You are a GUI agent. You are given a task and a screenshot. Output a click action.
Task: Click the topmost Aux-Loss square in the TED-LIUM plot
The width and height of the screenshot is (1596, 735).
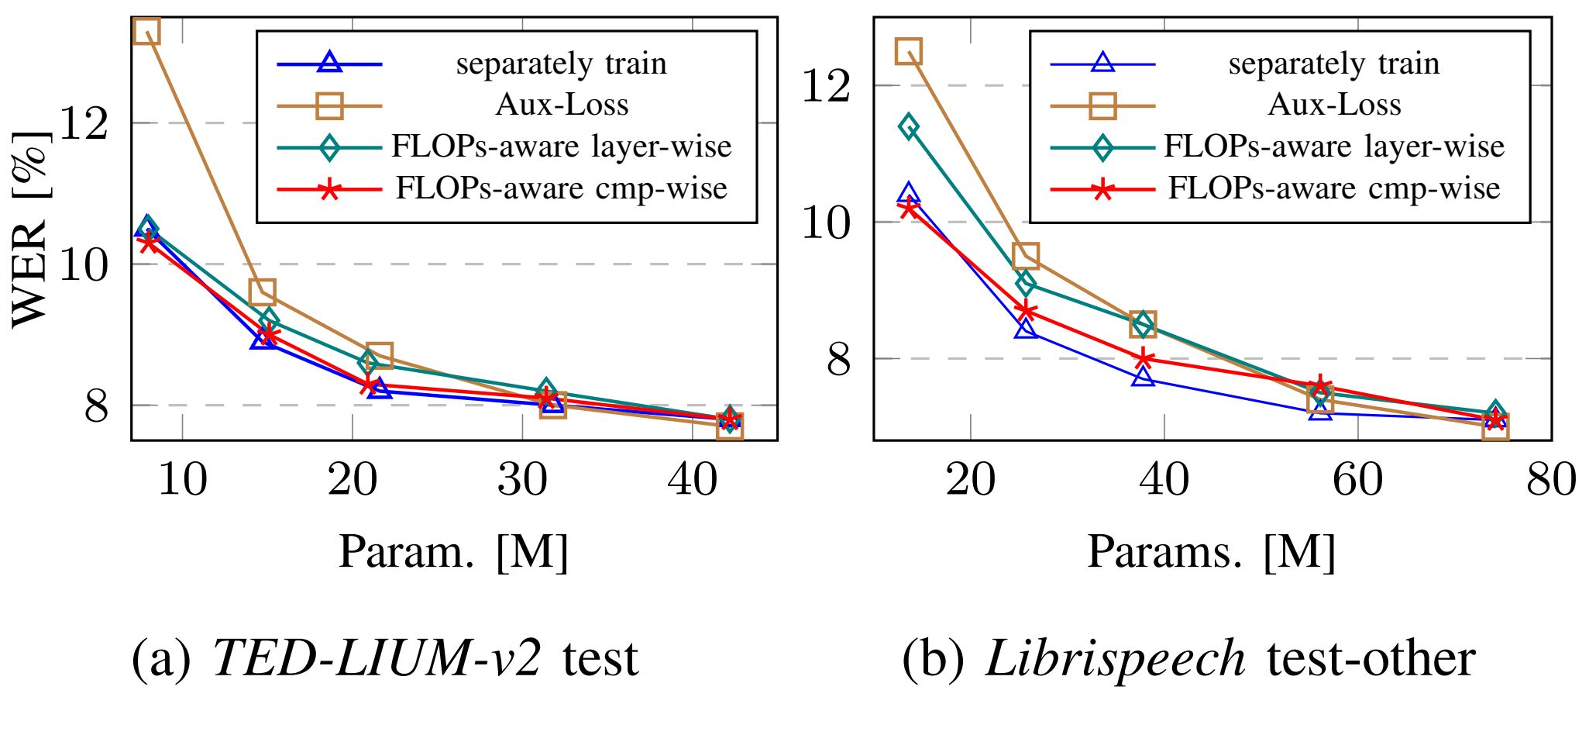(146, 31)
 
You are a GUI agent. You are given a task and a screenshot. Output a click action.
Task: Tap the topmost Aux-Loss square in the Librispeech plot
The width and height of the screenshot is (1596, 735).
(908, 51)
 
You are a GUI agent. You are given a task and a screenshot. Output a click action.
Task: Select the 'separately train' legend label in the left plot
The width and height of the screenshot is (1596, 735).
(561, 64)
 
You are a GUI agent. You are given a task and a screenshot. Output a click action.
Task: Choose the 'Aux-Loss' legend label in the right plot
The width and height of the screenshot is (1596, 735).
(1334, 105)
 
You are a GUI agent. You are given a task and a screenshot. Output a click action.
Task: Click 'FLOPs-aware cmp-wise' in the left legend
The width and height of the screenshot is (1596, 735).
(561, 188)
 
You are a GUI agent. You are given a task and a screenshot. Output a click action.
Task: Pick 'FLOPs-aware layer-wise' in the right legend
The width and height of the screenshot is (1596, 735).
(1333, 146)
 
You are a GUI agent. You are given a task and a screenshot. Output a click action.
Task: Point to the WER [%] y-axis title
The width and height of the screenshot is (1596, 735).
(31, 229)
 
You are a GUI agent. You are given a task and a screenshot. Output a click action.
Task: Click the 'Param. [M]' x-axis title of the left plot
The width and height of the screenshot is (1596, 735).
(453, 552)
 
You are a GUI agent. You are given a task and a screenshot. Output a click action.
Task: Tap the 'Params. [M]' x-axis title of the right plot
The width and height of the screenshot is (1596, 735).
(1211, 552)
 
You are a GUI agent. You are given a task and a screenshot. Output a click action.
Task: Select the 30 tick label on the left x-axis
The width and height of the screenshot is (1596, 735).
(522, 479)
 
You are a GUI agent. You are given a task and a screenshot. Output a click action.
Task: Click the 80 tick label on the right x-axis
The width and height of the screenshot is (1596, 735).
(1550, 479)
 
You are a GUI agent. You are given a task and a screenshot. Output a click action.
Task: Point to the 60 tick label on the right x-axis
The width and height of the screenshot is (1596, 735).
(1357, 479)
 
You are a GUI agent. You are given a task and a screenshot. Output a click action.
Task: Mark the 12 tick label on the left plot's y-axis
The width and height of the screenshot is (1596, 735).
(84, 123)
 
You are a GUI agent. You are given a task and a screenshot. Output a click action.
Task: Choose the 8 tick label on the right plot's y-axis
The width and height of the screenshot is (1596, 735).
(839, 360)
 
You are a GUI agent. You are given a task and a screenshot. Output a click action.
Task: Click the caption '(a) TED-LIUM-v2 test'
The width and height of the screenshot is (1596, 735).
(385, 659)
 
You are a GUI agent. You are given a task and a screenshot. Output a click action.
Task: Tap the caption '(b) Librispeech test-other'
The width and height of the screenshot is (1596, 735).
(1188, 659)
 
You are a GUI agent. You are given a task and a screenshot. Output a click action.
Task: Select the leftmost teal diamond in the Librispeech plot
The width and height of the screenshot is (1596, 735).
(909, 126)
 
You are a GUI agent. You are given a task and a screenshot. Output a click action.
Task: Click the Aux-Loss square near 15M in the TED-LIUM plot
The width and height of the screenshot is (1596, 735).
(262, 292)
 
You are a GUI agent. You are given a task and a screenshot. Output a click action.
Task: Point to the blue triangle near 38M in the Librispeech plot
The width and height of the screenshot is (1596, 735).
(1143, 377)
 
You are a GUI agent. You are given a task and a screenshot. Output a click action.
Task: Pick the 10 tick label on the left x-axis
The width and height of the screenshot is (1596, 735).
(182, 479)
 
